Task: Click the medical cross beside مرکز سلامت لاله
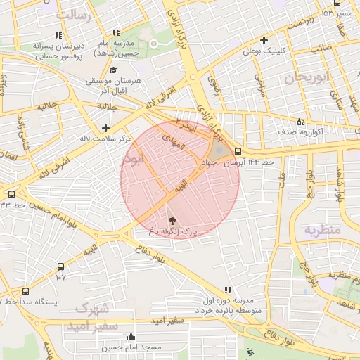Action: (105, 128)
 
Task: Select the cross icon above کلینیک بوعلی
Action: (264, 40)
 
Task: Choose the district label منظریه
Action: (322, 230)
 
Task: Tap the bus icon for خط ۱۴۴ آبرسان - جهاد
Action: (238, 151)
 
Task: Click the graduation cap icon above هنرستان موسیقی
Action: (114, 70)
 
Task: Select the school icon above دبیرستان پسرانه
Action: (58, 34)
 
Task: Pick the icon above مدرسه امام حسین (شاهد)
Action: (116, 32)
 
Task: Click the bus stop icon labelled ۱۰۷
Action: (60, 266)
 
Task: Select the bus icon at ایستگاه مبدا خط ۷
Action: (26, 290)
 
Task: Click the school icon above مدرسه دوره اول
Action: (227, 290)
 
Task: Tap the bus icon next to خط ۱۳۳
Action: (11, 194)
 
